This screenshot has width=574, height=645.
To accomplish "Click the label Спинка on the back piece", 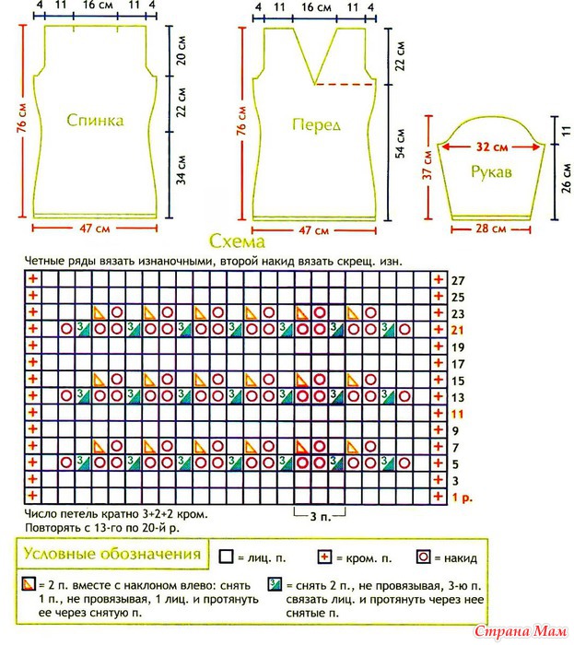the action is click(x=95, y=120).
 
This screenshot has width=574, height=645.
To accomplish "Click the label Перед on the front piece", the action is click(x=316, y=125).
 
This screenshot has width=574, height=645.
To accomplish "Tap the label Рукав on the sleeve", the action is click(x=491, y=171).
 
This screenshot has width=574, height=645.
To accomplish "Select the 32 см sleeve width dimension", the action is click(x=492, y=147).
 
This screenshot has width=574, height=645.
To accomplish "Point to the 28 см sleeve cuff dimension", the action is click(x=491, y=229).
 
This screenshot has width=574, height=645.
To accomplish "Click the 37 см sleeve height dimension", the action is click(x=428, y=165).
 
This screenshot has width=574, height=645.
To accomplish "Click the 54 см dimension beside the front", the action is click(x=400, y=144).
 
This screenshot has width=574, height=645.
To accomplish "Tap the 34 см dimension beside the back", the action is click(x=182, y=170).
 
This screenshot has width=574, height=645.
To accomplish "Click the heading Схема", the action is click(x=237, y=241).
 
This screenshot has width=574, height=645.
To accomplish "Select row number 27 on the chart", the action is click(x=458, y=281).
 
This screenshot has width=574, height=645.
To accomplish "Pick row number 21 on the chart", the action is click(x=458, y=330).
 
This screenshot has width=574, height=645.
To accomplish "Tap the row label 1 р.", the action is click(x=463, y=498).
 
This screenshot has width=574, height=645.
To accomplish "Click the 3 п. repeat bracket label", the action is click(x=321, y=517).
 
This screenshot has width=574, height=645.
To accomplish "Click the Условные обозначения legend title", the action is click(x=112, y=554).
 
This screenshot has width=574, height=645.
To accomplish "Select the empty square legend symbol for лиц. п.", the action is click(x=226, y=557).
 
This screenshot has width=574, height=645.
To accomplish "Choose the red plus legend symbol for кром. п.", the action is click(x=325, y=557).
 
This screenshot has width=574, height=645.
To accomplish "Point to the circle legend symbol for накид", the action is click(x=423, y=557).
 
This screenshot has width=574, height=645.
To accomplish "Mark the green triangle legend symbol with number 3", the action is click(x=275, y=584).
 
